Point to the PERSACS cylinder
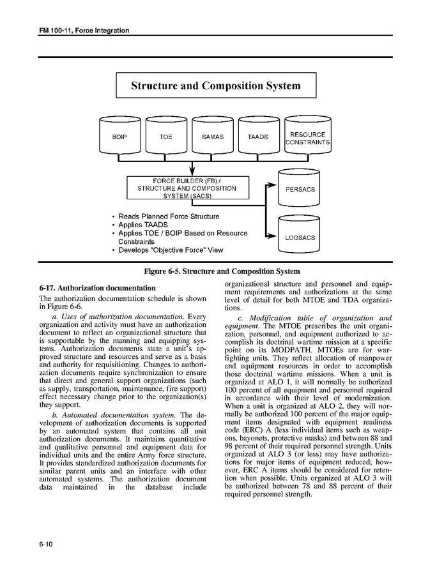300,189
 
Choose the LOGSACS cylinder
300,238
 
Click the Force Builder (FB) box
186,188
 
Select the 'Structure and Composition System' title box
215,85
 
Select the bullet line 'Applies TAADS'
143,225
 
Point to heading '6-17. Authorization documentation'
97,288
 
